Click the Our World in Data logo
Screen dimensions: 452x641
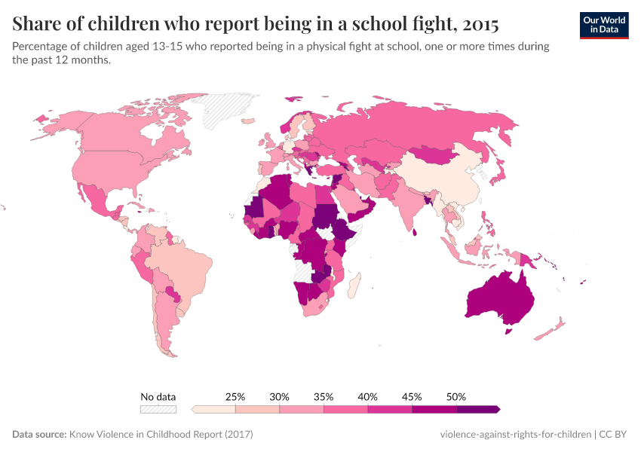pos(603,25)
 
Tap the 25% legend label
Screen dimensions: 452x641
pos(235,396)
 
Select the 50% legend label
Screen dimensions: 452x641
pos(456,396)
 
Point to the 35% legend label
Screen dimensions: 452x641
pos(324,396)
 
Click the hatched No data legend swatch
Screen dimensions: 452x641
pos(158,409)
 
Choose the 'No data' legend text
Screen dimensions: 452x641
pos(158,396)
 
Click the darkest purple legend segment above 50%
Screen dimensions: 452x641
pos(478,409)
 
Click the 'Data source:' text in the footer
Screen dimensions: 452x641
pos(39,435)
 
